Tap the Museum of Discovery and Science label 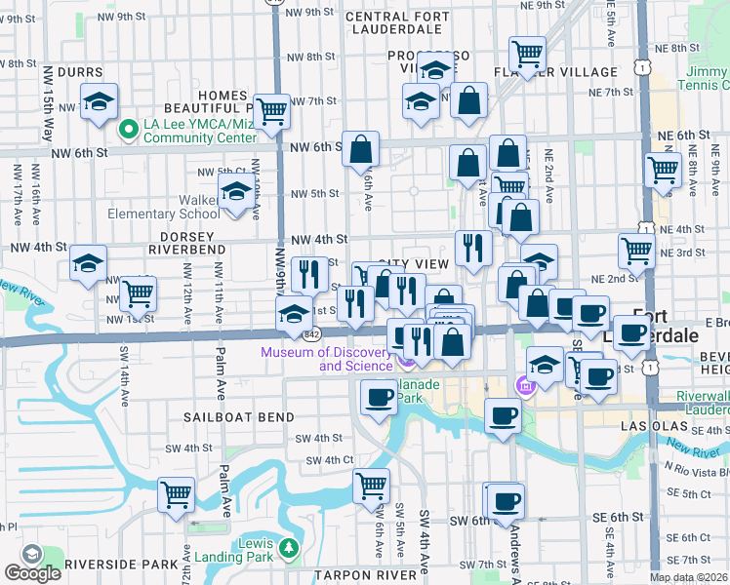point(328,359)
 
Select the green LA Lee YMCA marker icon point(127,129)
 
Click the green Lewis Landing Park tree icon point(288,548)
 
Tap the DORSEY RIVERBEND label point(187,249)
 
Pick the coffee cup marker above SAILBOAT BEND point(378,395)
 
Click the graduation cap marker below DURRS point(99,101)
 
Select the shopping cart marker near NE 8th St point(527,53)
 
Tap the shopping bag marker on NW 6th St point(361,149)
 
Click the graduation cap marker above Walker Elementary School point(235,194)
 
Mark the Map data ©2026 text point(689,577)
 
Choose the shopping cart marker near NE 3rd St point(637,250)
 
